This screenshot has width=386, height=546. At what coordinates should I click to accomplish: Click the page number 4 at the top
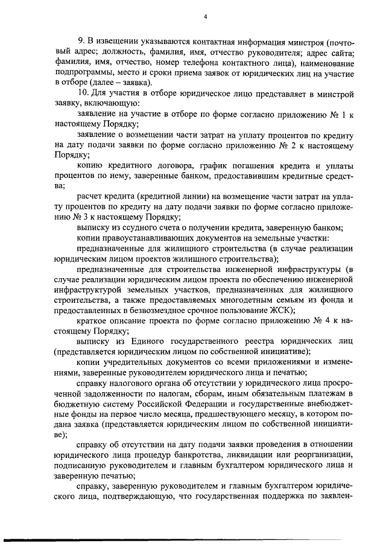[205, 16]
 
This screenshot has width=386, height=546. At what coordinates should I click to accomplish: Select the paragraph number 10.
[83, 94]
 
